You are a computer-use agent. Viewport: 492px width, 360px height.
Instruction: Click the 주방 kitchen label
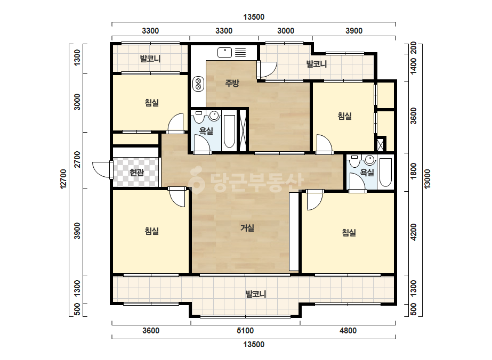click(232, 83)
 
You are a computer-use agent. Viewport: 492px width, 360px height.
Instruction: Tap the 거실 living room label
click(247, 228)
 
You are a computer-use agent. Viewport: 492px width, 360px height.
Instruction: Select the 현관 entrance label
click(136, 172)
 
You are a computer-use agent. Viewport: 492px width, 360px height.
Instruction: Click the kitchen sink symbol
click(224, 52)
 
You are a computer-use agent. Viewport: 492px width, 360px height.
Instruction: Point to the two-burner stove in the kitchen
click(198, 84)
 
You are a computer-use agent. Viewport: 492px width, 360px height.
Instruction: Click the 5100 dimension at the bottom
click(245, 331)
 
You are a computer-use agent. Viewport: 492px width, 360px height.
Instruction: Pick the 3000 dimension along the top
click(286, 31)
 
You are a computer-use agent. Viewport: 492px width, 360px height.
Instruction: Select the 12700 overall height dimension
click(63, 179)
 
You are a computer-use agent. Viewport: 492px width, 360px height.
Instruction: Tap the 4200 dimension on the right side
click(414, 232)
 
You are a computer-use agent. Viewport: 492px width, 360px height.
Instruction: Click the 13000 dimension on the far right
click(428, 179)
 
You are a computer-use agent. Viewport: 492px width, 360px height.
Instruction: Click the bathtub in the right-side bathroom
click(385, 172)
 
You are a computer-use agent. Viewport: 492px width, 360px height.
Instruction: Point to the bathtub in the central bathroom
click(229, 132)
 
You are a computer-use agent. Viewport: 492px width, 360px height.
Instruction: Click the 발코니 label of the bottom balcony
click(256, 294)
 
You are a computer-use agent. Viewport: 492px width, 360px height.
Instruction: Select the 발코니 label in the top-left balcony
click(150, 59)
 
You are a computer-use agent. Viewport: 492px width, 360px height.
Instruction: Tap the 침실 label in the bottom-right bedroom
click(349, 232)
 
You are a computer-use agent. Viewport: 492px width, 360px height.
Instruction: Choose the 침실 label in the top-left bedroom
click(152, 103)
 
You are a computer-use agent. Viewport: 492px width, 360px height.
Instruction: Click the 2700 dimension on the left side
click(77, 159)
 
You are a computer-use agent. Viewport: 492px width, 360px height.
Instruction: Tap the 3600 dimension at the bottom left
click(151, 331)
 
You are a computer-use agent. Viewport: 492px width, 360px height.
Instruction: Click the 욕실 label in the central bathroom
click(206, 131)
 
